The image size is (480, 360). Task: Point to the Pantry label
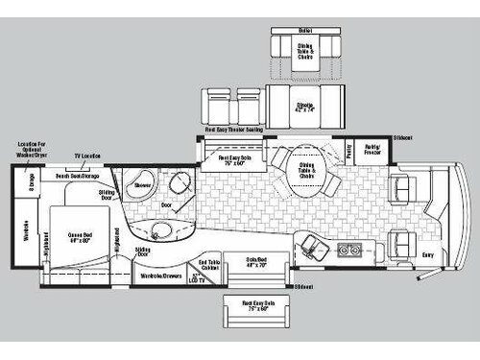(x=348, y=151)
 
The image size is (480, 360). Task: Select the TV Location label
(x=88, y=155)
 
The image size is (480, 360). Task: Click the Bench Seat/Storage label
(x=78, y=177)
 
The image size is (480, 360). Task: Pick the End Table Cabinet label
(x=209, y=265)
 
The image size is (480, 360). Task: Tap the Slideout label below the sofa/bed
(x=304, y=286)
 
